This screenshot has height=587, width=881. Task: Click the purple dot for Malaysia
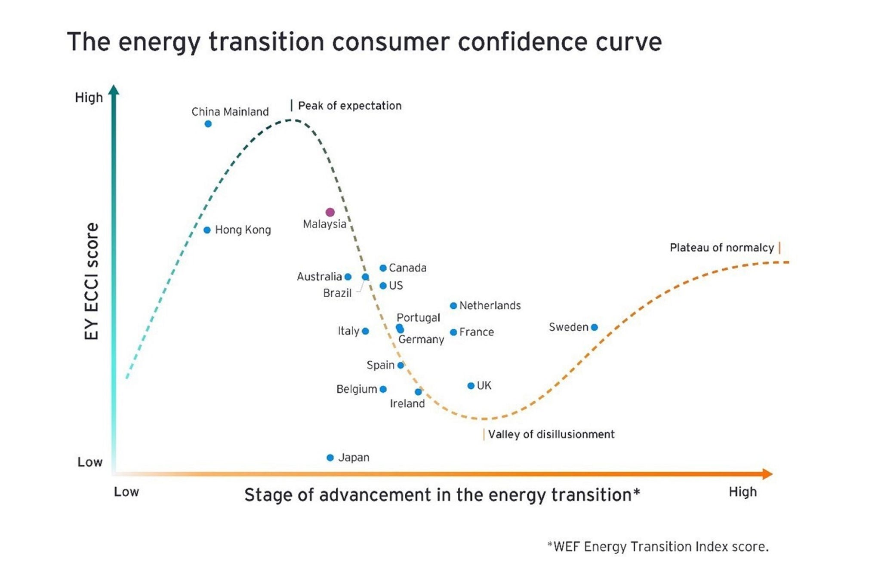(x=330, y=212)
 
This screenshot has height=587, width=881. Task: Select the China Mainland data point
(x=208, y=124)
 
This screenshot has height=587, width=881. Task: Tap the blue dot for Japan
(x=330, y=458)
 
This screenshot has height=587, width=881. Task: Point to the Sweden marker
(x=594, y=327)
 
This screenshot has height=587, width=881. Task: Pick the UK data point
(x=471, y=386)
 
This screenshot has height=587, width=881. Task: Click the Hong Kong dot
(x=207, y=230)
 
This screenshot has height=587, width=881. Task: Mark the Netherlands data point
(x=453, y=306)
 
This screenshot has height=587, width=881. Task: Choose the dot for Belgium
(x=383, y=389)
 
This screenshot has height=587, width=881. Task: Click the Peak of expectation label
(x=349, y=106)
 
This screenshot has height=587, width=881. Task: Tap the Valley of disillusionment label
(x=551, y=434)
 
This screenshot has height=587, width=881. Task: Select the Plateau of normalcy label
(x=721, y=248)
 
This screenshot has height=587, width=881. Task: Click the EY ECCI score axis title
(x=92, y=281)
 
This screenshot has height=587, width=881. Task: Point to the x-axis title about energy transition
(x=442, y=495)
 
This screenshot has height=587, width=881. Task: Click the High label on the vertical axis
(x=89, y=98)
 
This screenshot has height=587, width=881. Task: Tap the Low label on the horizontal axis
(x=126, y=492)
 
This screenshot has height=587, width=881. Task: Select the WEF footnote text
(x=658, y=547)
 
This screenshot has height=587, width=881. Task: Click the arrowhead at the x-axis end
(x=767, y=474)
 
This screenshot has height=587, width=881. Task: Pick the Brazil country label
(x=337, y=293)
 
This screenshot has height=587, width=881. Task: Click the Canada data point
(x=383, y=268)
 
